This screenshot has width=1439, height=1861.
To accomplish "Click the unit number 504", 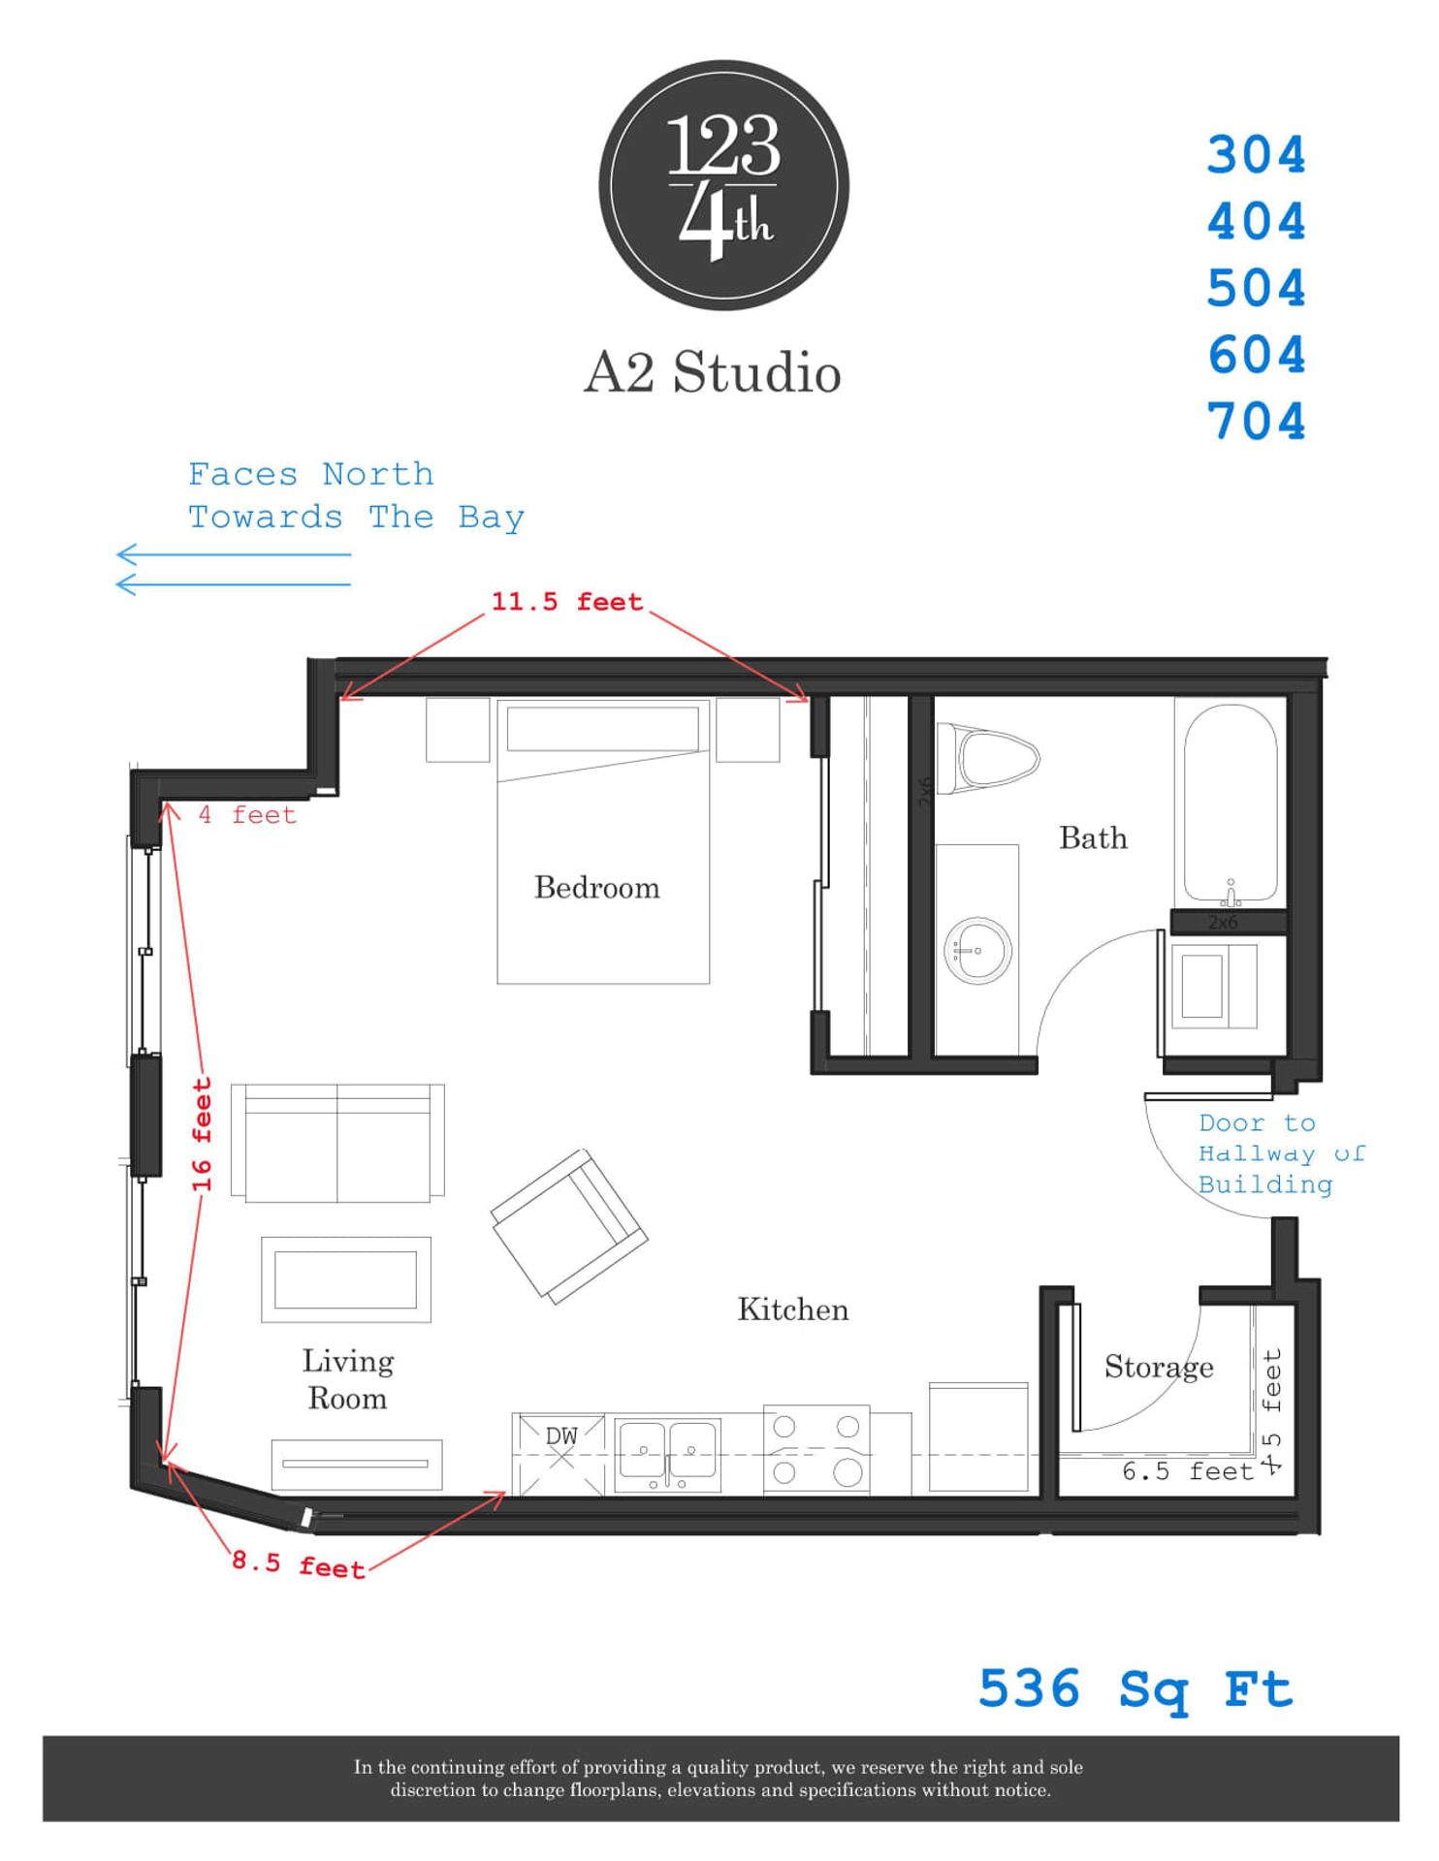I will point(1257,289).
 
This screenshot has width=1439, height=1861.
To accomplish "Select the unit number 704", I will point(1257,423).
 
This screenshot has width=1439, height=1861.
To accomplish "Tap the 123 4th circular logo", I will point(723,185).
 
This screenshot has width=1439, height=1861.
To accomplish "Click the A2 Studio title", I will point(712,372).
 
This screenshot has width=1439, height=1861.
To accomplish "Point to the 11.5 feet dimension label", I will point(566,602).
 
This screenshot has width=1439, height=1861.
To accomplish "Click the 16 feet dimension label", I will point(202,1134).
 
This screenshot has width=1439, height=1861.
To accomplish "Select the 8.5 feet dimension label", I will point(298,1565).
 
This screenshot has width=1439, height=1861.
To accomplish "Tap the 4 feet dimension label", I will point(247,815).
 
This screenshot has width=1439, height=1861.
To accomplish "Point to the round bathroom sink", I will point(977,951).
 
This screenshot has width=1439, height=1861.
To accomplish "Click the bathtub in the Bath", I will point(1230,804).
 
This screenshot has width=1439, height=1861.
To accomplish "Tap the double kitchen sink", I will point(668,1453).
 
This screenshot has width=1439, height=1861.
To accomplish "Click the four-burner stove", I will point(815,1450).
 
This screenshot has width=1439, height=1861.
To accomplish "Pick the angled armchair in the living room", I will point(569,1225).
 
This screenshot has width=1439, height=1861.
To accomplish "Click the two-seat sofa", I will point(337,1143).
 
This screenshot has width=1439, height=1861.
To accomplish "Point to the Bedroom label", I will point(596,888).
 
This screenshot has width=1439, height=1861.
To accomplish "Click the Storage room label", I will point(1158,1367).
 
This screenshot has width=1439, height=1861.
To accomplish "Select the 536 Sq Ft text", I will point(1135,1689).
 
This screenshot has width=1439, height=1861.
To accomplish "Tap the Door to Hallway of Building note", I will point(1266,1153).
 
